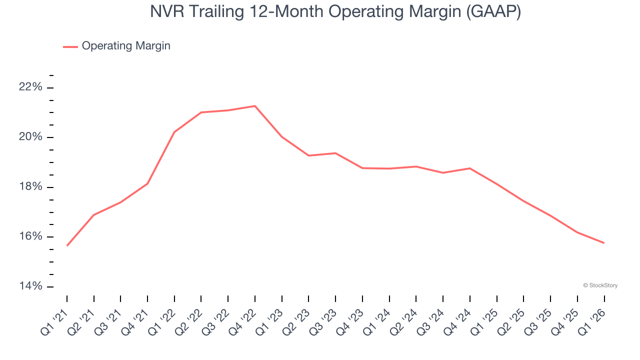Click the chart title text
(335, 11)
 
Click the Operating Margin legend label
(126, 46)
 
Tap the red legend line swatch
(70, 46)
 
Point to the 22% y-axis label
(30, 87)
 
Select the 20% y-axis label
(30, 137)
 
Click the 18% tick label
(30, 187)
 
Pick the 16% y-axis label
(30, 236)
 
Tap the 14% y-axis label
(30, 286)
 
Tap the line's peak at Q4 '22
(255, 106)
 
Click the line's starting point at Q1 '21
(67, 245)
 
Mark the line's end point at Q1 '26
(604, 243)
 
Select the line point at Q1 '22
(174, 132)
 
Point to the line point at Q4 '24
(470, 168)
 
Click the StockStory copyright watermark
(600, 285)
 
